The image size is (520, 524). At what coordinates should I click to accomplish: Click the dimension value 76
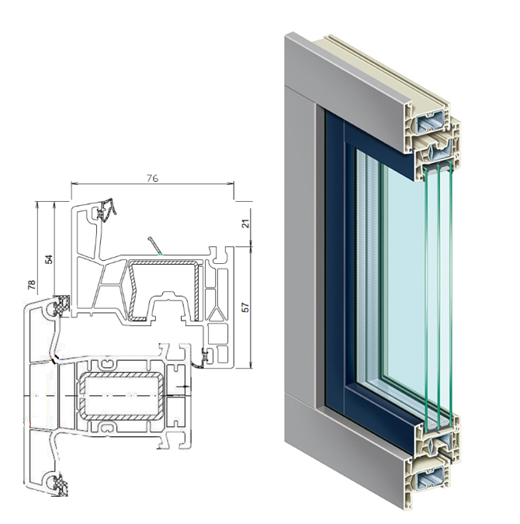coord(152,178)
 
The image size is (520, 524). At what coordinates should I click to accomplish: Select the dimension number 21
coord(245,224)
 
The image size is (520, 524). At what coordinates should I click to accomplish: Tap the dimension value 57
coord(245,307)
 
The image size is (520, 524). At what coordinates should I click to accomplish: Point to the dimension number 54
coord(49,259)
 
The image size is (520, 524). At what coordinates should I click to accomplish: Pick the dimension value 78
coord(31,285)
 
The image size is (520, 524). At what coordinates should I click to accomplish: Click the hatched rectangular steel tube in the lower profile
coord(123,396)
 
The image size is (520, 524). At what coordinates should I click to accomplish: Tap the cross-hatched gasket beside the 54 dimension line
coord(62,304)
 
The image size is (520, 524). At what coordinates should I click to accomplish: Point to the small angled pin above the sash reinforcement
coord(154,245)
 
